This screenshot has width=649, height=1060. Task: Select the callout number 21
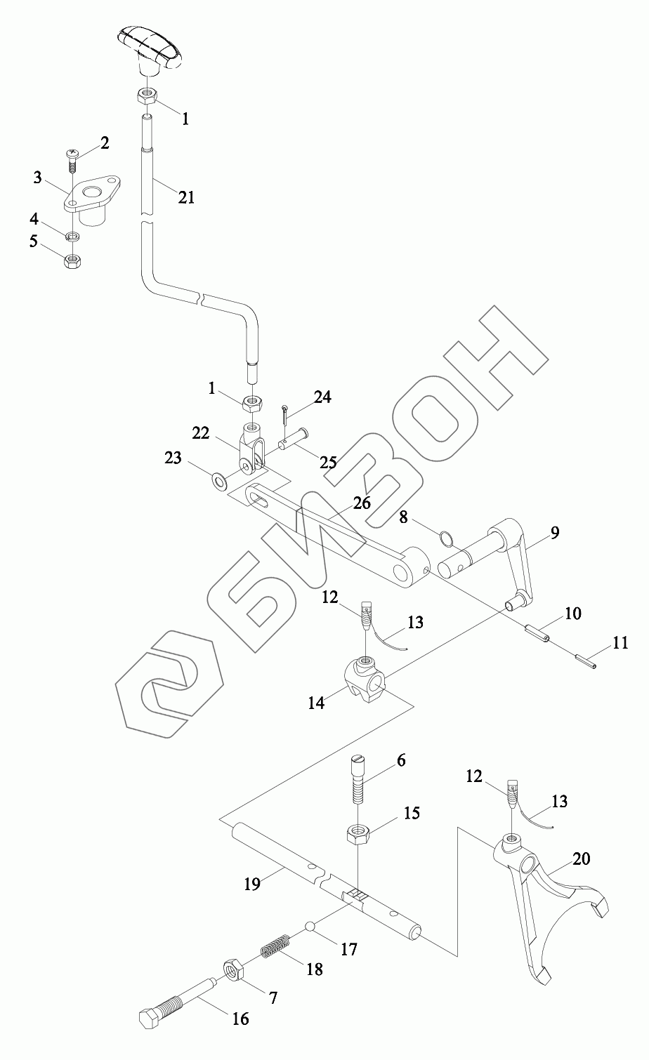tap(185, 197)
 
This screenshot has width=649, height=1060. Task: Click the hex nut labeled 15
tap(358, 835)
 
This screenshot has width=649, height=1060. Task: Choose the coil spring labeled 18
tap(276, 949)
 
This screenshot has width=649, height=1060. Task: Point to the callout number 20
tap(582, 859)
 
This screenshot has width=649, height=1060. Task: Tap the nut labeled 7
tap(233, 972)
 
